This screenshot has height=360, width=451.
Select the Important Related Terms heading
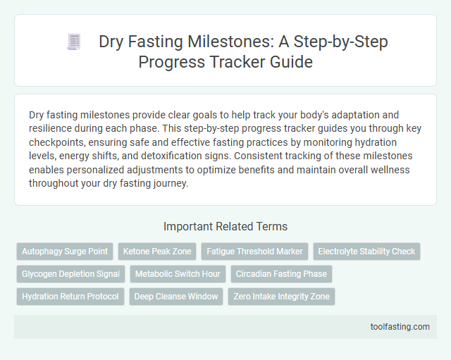pos(225,227)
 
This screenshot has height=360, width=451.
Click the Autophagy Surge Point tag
pos(64,251)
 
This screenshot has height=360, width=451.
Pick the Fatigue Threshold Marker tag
pos(252,251)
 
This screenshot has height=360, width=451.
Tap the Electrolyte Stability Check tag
pos(366,251)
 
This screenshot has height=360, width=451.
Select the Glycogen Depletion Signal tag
pos(70,274)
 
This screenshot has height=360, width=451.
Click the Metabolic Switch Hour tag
pos(178,274)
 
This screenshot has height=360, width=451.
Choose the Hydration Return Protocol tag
pos(70,297)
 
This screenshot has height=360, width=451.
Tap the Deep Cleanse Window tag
pos(176,297)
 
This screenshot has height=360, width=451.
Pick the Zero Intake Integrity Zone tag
pos(282,297)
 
